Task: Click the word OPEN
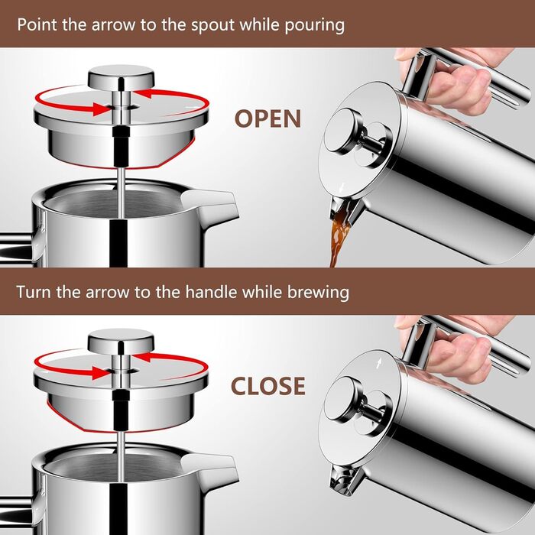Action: [x=267, y=118]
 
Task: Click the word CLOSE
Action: [x=267, y=386]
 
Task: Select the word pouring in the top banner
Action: [x=315, y=26]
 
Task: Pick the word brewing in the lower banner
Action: [x=318, y=293]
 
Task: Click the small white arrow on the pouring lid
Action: [x=342, y=187]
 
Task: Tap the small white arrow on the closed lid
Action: [x=378, y=364]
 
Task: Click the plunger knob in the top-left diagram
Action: [x=121, y=76]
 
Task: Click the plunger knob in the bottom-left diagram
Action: [x=121, y=341]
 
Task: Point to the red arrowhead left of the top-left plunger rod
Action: [x=102, y=109]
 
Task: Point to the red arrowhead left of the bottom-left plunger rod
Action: [x=102, y=373]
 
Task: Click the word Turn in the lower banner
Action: [x=34, y=293]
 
